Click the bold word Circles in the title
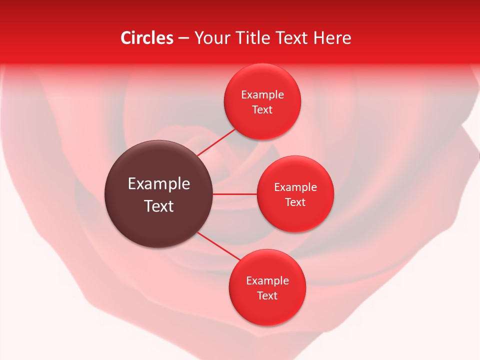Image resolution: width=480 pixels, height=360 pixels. (x=146, y=38)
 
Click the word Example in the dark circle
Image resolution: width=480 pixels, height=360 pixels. (x=158, y=184)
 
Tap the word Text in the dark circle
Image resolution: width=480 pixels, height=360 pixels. (x=158, y=206)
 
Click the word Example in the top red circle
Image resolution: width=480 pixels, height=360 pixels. (x=262, y=95)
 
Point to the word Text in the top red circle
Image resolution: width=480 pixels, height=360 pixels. (x=262, y=110)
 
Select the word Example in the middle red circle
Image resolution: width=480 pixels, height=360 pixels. (x=295, y=187)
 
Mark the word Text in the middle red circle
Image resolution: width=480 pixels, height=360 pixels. (x=295, y=202)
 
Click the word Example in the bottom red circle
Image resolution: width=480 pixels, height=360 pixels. (x=267, y=281)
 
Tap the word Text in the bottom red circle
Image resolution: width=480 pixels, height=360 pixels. (x=267, y=296)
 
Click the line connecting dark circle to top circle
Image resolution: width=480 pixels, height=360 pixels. (x=216, y=142)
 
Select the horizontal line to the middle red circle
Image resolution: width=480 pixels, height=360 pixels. (x=235, y=194)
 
